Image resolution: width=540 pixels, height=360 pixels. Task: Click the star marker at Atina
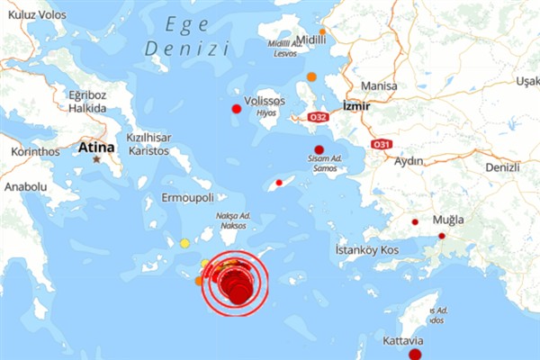click(96, 159)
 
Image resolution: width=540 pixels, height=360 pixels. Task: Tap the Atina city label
click(96, 146)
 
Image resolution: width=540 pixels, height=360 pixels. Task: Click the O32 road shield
click(318, 116)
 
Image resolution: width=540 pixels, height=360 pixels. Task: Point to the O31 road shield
click(382, 144)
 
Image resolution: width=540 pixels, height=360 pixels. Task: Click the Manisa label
click(378, 86)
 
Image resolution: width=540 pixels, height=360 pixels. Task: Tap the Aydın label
click(409, 161)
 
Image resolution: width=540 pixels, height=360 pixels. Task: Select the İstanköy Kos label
click(366, 248)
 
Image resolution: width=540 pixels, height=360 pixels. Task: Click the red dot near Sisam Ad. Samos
click(318, 150)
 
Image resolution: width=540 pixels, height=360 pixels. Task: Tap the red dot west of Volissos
click(236, 109)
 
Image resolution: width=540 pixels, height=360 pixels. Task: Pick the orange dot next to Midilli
click(322, 31)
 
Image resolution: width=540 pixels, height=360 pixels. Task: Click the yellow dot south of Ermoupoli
click(184, 243)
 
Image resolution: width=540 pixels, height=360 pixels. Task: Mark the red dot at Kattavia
click(415, 355)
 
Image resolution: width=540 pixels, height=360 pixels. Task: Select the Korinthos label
click(34, 151)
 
